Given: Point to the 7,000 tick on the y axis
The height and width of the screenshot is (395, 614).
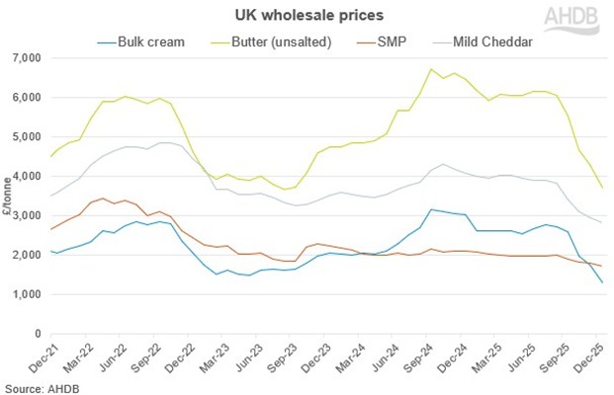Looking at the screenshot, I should pos(27,58).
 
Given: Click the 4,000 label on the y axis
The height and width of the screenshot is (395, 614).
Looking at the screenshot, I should pos(27,177).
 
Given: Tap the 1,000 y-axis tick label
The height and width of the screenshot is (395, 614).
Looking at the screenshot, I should pos(27,294).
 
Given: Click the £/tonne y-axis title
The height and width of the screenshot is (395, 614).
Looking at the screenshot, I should pos(8,197).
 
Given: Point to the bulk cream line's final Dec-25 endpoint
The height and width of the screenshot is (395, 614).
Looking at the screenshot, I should pos(600,282).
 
